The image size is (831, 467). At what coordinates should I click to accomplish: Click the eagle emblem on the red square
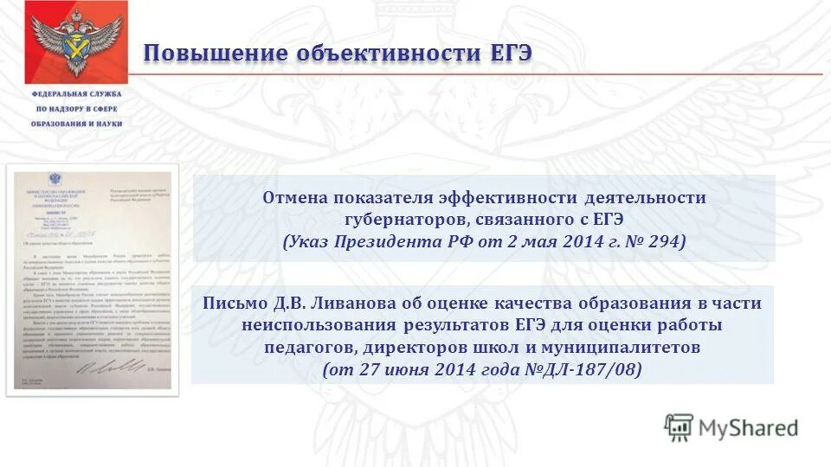tap(75, 40)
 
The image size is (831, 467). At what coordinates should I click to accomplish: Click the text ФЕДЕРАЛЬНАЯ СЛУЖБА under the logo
tap(77, 93)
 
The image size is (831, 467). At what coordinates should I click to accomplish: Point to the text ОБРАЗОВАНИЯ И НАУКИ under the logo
tap(78, 124)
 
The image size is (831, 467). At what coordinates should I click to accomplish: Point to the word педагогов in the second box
tap(303, 348)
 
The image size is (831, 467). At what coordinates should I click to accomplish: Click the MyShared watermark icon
tap(679, 427)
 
